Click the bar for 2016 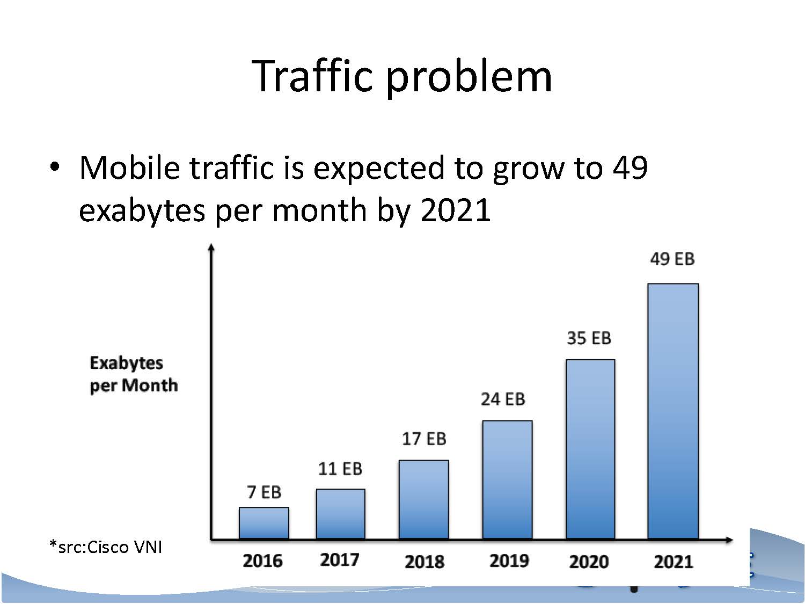pyautogui.click(x=264, y=522)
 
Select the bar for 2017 pyautogui.click(x=340, y=513)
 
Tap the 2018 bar pyautogui.click(x=423, y=499)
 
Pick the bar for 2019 pyautogui.click(x=507, y=479)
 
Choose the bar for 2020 pyautogui.click(x=590, y=449)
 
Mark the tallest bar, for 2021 pyautogui.click(x=673, y=411)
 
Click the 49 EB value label pyautogui.click(x=672, y=259)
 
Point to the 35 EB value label pyautogui.click(x=589, y=338)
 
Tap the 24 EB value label pyautogui.click(x=503, y=399)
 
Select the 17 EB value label pyautogui.click(x=424, y=439)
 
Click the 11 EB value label pyautogui.click(x=340, y=469)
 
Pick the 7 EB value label pyautogui.click(x=264, y=492)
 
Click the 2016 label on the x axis pyautogui.click(x=262, y=561)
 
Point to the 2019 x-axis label pyautogui.click(x=509, y=561)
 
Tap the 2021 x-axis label pyautogui.click(x=674, y=562)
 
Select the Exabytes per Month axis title pyautogui.click(x=133, y=374)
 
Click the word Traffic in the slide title pyautogui.click(x=312, y=76)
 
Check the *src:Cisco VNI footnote pyautogui.click(x=105, y=547)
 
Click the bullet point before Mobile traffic pyautogui.click(x=54, y=167)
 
